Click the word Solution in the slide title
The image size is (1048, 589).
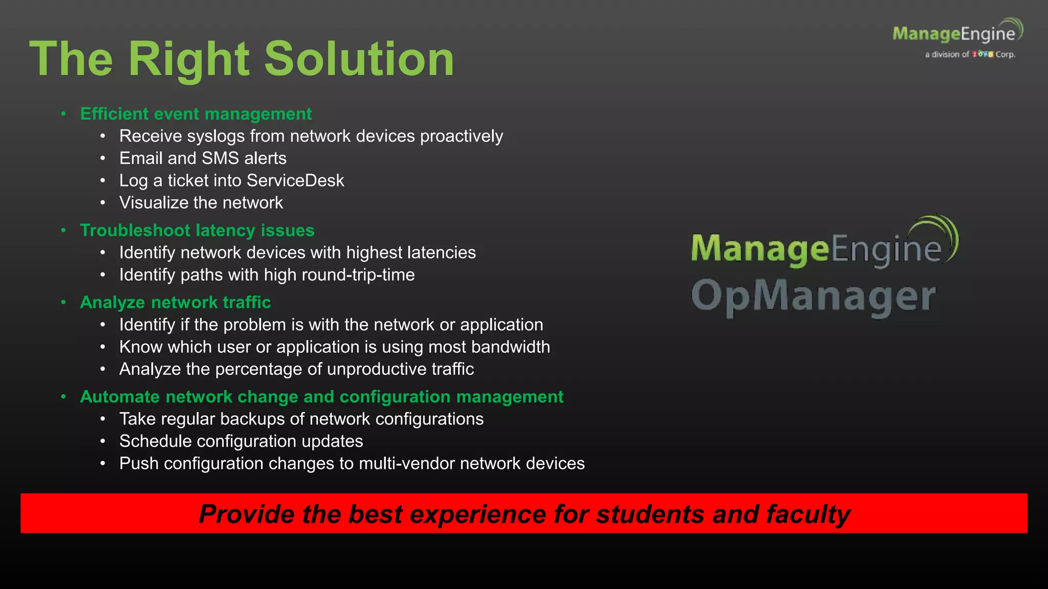359,59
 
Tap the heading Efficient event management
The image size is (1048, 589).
195,114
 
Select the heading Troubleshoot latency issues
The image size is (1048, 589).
197,230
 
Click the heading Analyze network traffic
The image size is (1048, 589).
175,302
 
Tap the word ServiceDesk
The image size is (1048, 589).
295,180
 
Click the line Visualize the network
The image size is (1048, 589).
201,203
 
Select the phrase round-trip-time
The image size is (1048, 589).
358,275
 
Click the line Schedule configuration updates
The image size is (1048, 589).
241,441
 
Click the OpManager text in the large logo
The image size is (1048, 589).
813,297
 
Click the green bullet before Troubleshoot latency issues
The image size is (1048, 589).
63,231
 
